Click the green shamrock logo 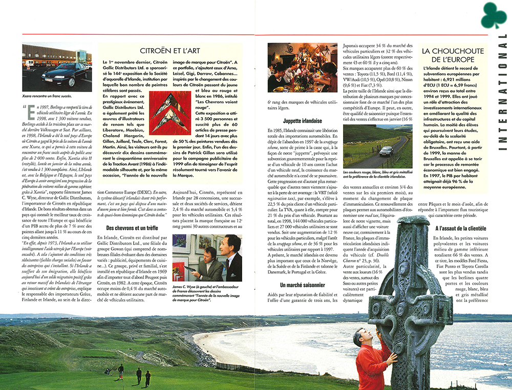tap(493, 16)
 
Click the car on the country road tap(386, 150)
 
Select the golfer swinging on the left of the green tap(121, 369)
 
